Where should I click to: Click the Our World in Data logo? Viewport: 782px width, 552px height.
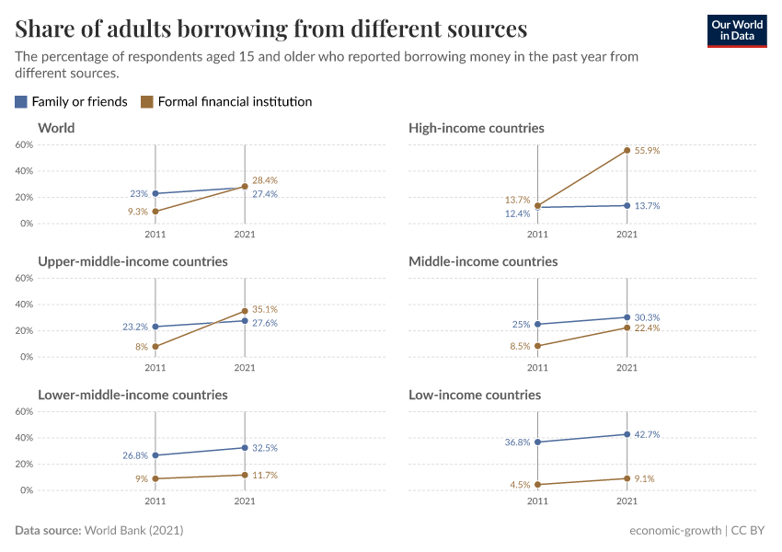tap(736, 30)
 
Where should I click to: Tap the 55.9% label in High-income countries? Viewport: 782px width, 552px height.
tap(648, 150)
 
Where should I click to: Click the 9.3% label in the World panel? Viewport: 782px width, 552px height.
tap(137, 212)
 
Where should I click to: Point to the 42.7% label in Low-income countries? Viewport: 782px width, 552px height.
tap(648, 434)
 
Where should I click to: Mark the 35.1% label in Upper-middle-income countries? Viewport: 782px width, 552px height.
tap(265, 310)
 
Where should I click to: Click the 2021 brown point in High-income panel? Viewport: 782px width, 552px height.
tap(627, 150)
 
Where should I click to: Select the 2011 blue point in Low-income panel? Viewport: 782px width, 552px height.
tap(537, 443)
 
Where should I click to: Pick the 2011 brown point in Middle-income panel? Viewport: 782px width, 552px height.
tap(537, 346)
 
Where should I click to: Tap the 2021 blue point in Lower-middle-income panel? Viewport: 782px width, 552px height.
tap(245, 448)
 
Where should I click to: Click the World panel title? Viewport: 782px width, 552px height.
tap(56, 128)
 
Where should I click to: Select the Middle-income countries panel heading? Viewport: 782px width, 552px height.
tap(483, 261)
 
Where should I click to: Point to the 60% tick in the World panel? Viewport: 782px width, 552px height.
tap(24, 145)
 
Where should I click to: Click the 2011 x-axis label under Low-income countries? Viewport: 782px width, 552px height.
tap(537, 501)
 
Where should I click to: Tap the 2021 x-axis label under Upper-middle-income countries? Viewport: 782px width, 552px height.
tap(245, 368)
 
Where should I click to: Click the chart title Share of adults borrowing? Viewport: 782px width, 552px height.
tap(270, 29)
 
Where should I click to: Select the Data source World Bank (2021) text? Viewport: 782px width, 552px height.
tap(105, 531)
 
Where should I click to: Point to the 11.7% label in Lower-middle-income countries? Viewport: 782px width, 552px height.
tap(265, 475)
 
